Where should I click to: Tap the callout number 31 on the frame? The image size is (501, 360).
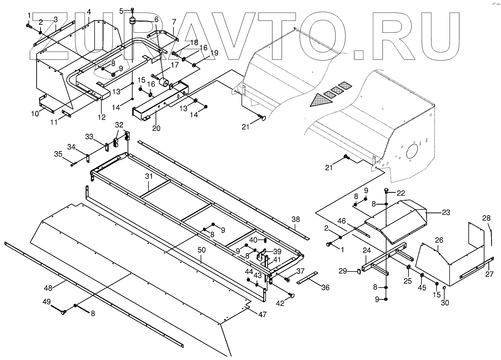tap(148, 177)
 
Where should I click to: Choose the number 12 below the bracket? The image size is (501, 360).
tap(102, 117)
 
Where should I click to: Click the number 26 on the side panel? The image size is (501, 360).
tap(439, 240)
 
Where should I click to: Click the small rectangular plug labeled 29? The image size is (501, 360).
tap(359, 271)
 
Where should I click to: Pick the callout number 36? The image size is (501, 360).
tap(325, 287)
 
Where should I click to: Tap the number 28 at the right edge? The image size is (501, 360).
tap(486, 218)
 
